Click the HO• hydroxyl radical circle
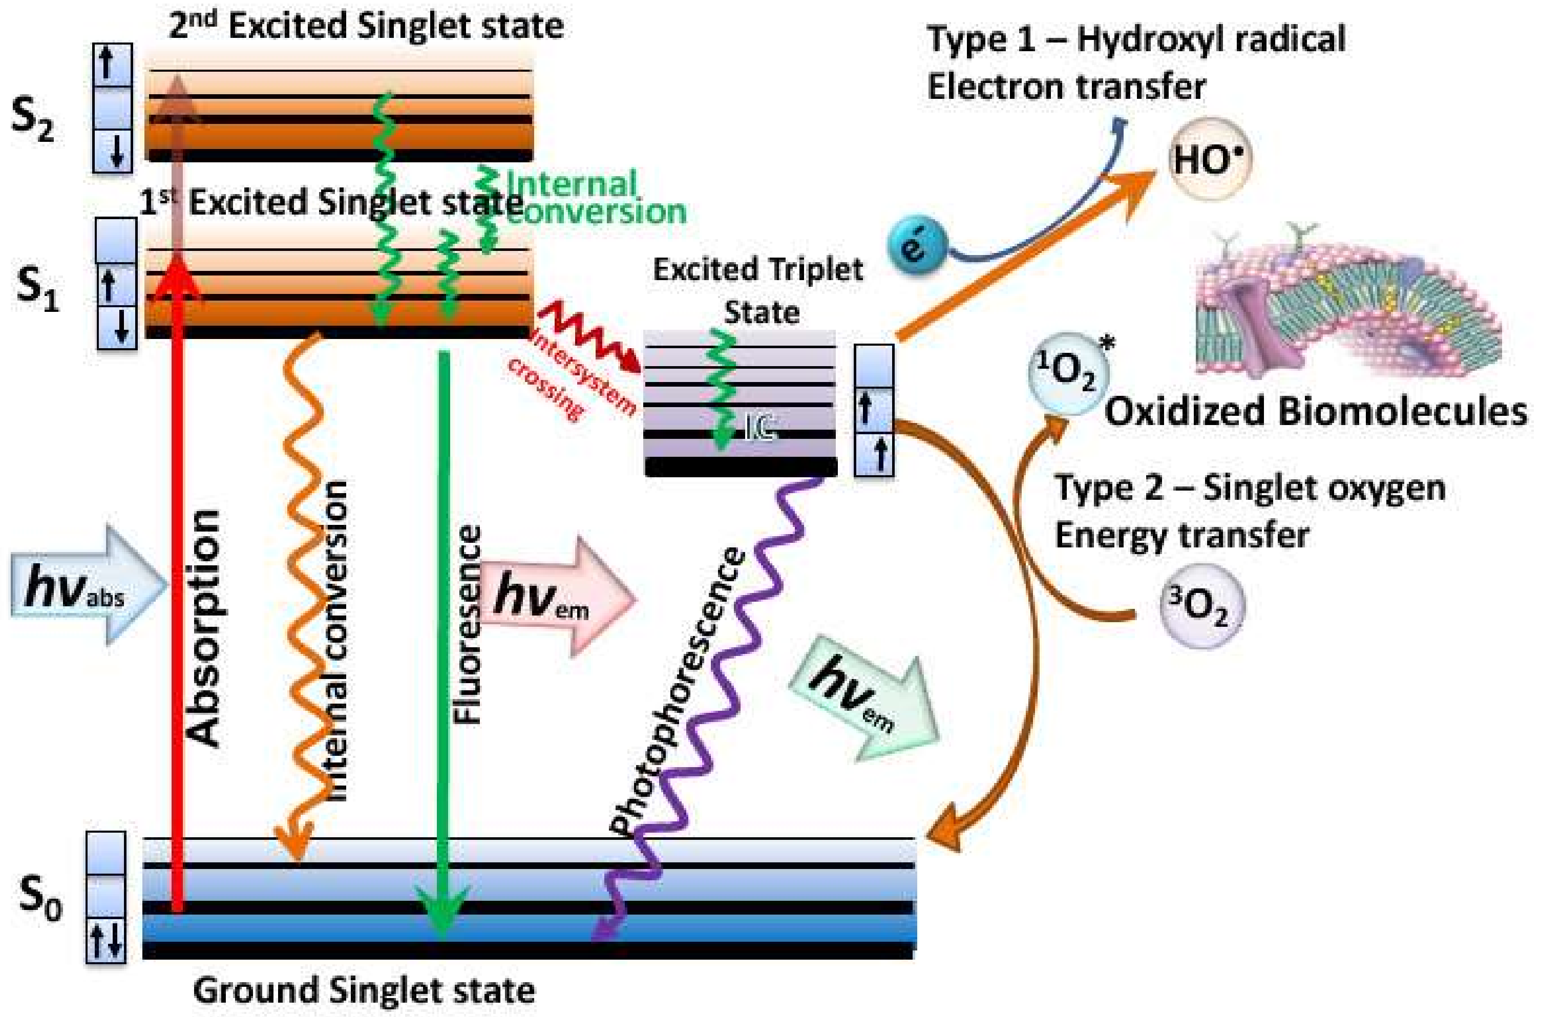[1210, 158]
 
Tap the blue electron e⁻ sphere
[916, 246]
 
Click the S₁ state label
[37, 289]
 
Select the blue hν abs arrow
[88, 584]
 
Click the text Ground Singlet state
[365, 991]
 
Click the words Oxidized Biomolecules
[1315, 411]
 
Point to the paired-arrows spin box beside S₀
[105, 939]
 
